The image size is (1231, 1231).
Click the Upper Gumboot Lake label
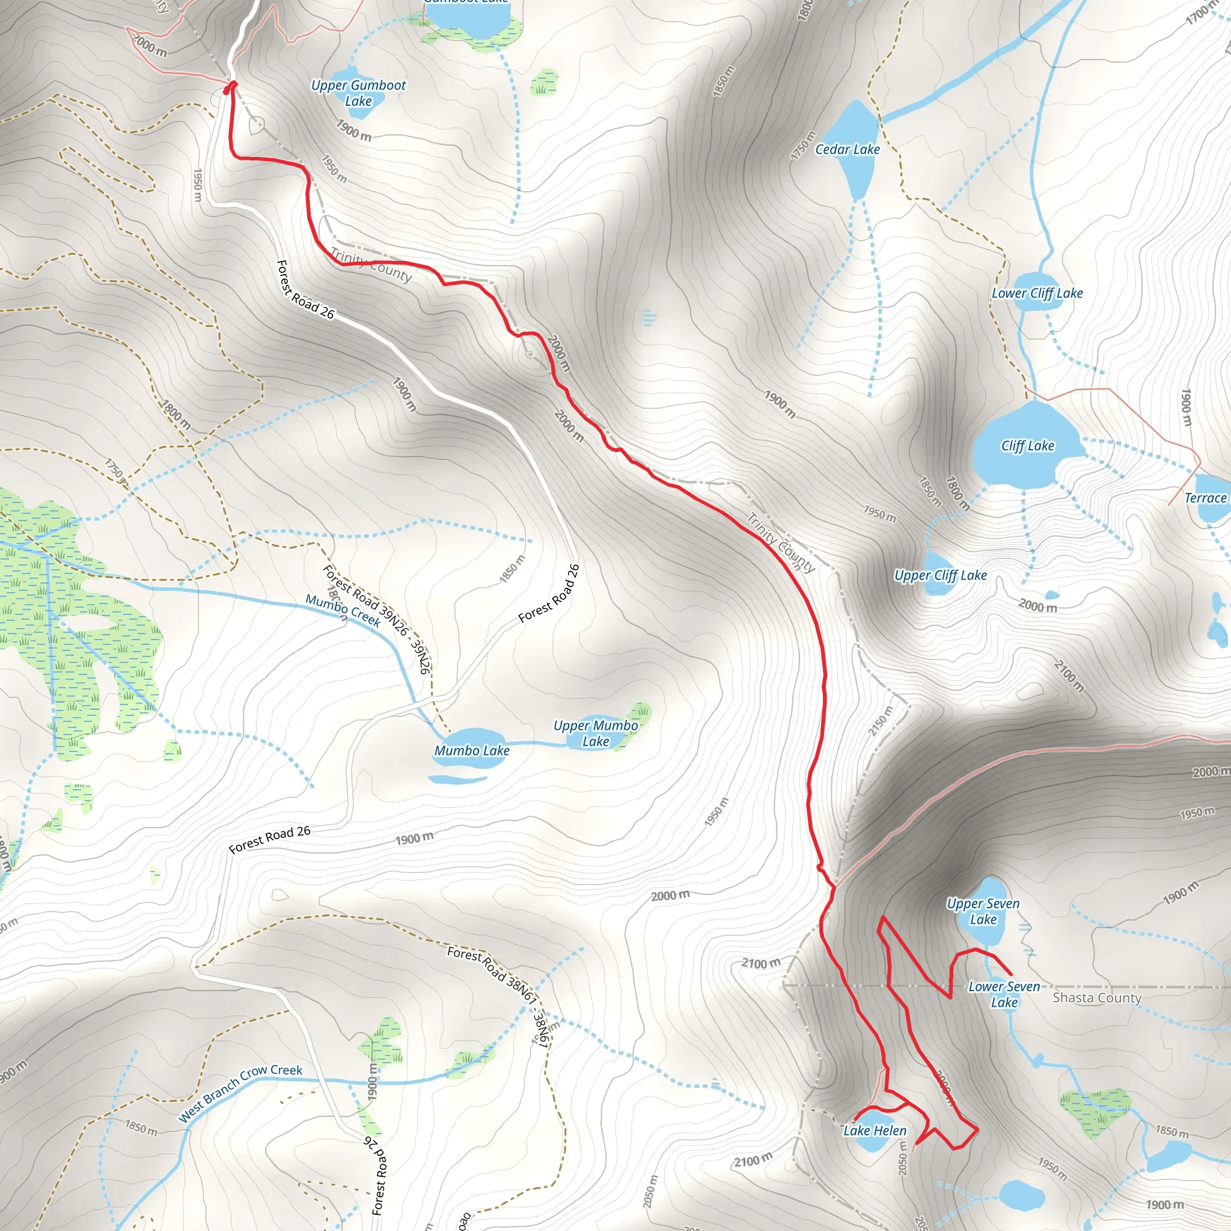coord(358,93)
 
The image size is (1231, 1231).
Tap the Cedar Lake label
coord(847,149)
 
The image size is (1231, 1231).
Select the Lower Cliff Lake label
coord(1037,293)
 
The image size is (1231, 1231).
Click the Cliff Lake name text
coord(1027,446)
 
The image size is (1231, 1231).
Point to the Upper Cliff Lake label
coord(940,575)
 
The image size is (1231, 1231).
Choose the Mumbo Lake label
coord(471,751)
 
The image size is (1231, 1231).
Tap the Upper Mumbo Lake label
coord(595,733)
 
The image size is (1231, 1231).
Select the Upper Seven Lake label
coord(983,912)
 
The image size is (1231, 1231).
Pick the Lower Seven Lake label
coord(1004,994)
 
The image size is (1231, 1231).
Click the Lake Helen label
coord(874,1131)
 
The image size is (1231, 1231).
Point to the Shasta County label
coord(1096,998)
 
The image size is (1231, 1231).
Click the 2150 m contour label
coord(881,721)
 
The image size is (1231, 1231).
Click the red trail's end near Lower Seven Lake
coord(1011,974)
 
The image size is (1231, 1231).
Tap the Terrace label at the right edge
coord(1205,498)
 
